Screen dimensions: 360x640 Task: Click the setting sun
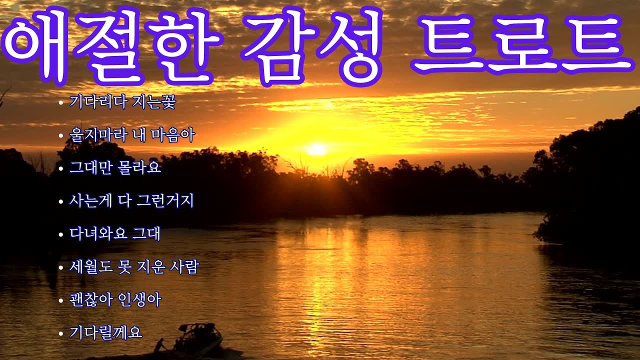tap(316, 149)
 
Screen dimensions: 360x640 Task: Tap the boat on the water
tap(198, 340)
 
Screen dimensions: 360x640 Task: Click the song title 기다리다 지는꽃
tap(122, 102)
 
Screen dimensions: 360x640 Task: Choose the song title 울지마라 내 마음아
tap(132, 135)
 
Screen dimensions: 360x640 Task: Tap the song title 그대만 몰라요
tap(115, 167)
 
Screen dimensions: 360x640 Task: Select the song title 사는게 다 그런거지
tap(131, 201)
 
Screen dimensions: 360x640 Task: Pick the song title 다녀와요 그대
tap(115, 233)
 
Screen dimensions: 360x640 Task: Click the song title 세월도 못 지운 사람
tap(134, 267)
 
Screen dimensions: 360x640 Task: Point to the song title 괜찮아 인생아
tap(115, 300)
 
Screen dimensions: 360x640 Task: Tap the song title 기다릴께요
tap(106, 332)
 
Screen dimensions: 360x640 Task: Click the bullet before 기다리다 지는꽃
tap(60, 103)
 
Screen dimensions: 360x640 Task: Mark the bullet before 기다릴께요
tap(60, 333)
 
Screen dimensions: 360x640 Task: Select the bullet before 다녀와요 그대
tap(60, 234)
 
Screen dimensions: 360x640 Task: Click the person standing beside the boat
tap(159, 345)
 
